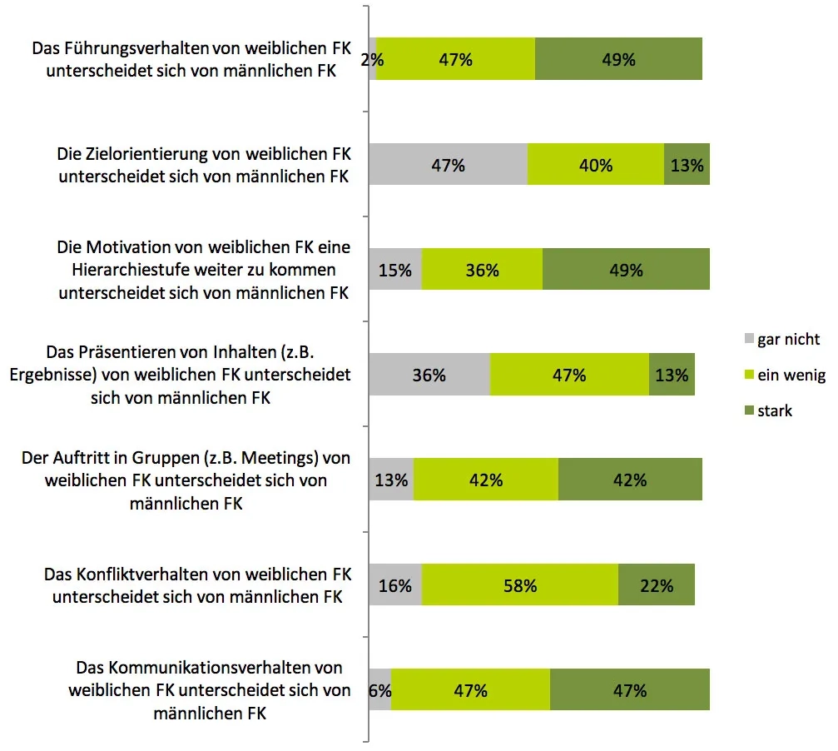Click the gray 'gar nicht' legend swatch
[x=747, y=339]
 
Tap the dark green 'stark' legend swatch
[x=747, y=410]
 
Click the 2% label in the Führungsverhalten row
[x=372, y=59]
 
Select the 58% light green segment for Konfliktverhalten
[x=520, y=585]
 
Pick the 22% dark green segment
[x=657, y=585]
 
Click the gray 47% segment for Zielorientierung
[x=448, y=165]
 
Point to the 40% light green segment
[x=596, y=165]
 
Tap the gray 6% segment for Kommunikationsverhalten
[x=380, y=690]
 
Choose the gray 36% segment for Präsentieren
[x=429, y=375]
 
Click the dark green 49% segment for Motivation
[x=626, y=270]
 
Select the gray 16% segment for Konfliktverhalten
[x=395, y=585]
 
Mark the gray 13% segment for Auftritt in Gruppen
[x=391, y=480]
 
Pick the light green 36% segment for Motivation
[x=482, y=270]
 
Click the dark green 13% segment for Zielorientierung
[x=687, y=165]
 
